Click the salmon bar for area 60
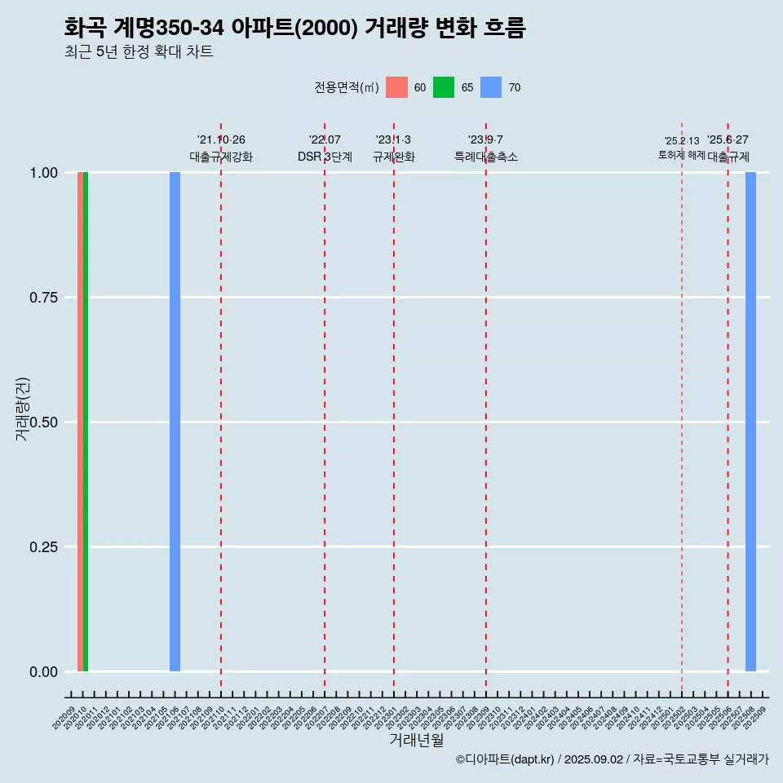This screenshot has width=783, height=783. tap(80, 422)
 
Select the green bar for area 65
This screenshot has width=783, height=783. tap(86, 422)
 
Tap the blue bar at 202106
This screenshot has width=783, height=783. tap(175, 422)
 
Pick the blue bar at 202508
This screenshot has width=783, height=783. tap(750, 422)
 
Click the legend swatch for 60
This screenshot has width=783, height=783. tap(396, 87)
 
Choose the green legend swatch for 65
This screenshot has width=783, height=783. tap(444, 87)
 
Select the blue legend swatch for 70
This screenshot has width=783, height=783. tap(491, 87)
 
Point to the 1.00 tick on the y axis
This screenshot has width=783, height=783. tap(42, 173)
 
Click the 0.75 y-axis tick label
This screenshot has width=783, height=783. tap(42, 298)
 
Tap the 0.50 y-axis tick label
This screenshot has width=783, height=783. tap(42, 422)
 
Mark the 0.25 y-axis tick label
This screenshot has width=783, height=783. tap(42, 547)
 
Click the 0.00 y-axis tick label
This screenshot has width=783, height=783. tap(42, 672)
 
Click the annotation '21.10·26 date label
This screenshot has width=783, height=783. tap(221, 140)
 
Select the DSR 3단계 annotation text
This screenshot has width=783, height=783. tap(325, 157)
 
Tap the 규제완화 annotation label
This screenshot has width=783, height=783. tap(394, 157)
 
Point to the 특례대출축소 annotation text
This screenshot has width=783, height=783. tap(486, 157)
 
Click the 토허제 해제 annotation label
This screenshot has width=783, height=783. tap(681, 155)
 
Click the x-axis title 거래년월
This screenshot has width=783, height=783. tap(417, 740)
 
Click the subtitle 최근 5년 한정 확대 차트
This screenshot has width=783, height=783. tap(139, 52)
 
